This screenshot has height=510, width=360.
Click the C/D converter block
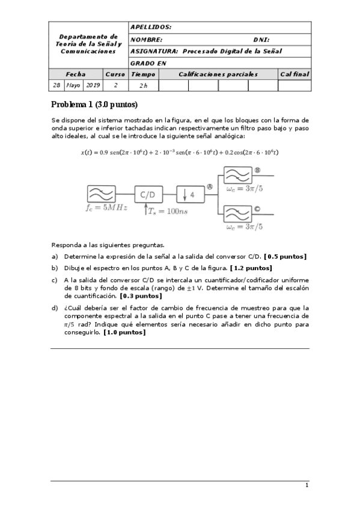pos(147,195)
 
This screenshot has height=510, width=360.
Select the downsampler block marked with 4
pos(189,195)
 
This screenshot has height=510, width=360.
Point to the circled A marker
pos(210,187)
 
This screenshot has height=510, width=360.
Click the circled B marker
pos(257,171)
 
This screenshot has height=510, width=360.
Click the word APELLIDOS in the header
pos(151,28)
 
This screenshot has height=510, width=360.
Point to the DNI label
pos(261,40)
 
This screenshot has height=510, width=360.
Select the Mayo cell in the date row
pos(73,85)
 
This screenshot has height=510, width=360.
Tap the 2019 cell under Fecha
pos(93,85)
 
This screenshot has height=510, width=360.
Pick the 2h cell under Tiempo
pos(143,85)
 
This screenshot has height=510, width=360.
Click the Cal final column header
pos(294,74)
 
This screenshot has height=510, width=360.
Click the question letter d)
pos(55,307)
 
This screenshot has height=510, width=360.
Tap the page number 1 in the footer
pos(307,485)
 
